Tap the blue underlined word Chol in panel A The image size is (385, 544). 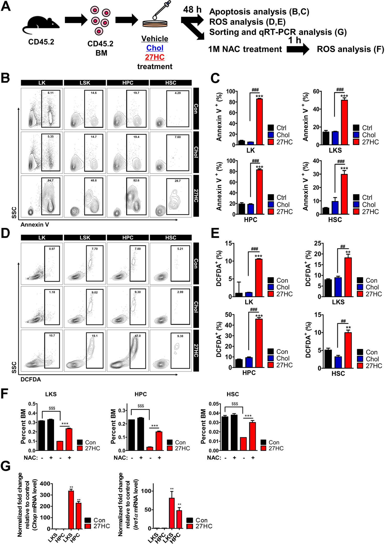(x=155, y=48)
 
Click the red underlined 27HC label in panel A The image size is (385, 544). (x=155, y=57)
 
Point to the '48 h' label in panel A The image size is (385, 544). (x=192, y=10)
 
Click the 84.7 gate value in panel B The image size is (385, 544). (x=51, y=180)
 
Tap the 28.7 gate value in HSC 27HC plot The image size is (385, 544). (x=177, y=181)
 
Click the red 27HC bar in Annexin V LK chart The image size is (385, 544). (x=259, y=122)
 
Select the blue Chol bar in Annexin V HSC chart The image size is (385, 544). (x=335, y=207)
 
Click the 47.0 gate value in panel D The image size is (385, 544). (x=138, y=336)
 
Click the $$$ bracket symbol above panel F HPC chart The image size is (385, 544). (x=141, y=406)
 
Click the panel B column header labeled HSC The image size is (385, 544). (x=171, y=83)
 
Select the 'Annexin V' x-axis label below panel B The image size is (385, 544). (x=35, y=225)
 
